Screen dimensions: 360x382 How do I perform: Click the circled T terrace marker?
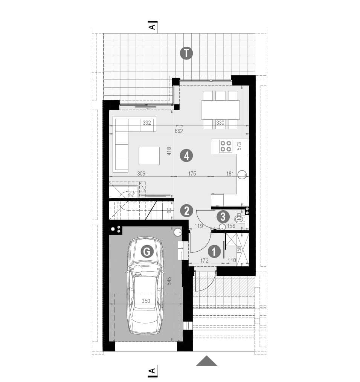[x=186, y=53]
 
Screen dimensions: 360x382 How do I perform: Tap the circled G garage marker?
[x=147, y=251]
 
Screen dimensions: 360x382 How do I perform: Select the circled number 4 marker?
[x=186, y=156]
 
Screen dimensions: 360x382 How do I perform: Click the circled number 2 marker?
[x=186, y=211]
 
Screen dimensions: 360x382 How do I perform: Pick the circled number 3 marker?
[x=223, y=216]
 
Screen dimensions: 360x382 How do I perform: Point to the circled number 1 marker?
[x=214, y=251]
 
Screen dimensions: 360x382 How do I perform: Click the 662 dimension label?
[x=178, y=131]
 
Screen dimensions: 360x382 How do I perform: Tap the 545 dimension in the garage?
[x=169, y=281]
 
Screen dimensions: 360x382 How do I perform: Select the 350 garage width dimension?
[x=146, y=301]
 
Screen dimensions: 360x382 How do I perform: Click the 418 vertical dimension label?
[x=169, y=151]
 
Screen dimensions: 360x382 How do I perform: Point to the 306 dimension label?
[x=141, y=173]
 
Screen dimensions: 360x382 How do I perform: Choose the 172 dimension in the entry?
[x=204, y=261]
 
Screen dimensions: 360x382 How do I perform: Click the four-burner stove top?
[x=226, y=146]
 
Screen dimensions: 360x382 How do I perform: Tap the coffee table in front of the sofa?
[x=149, y=156]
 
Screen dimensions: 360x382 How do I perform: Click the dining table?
[x=220, y=110]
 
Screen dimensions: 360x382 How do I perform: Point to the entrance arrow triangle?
[x=207, y=361]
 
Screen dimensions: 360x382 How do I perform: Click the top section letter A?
[x=152, y=26]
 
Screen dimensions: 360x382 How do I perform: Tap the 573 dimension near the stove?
[x=239, y=146]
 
